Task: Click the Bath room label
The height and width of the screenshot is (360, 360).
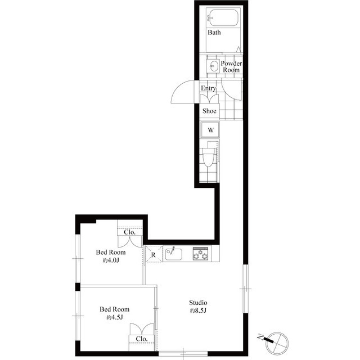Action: click(x=214, y=33)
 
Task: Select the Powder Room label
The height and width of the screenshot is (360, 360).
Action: click(x=231, y=66)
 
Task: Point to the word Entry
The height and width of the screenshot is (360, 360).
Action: click(x=208, y=88)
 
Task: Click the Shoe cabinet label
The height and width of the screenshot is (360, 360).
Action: click(x=209, y=111)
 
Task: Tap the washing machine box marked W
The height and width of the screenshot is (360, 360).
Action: click(x=210, y=130)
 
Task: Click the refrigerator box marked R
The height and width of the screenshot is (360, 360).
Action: click(x=153, y=255)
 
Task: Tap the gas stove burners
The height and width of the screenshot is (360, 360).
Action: click(x=201, y=254)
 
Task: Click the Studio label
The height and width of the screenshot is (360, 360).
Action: click(x=199, y=301)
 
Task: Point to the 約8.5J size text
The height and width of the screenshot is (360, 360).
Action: click(x=199, y=310)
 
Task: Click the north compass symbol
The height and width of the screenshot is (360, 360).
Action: click(x=277, y=339)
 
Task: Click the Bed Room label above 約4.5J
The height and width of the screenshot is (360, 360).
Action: click(x=114, y=309)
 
